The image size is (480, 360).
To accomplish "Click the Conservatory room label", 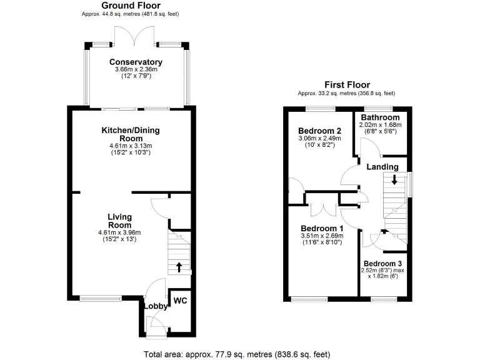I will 136,62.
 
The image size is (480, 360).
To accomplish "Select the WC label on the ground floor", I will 181,300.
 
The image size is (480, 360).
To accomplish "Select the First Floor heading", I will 346,85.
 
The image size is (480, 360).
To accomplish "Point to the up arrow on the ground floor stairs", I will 180,267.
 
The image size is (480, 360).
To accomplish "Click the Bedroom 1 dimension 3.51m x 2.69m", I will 322,236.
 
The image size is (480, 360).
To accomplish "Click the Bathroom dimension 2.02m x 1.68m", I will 379,124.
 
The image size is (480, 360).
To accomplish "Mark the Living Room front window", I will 101,298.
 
